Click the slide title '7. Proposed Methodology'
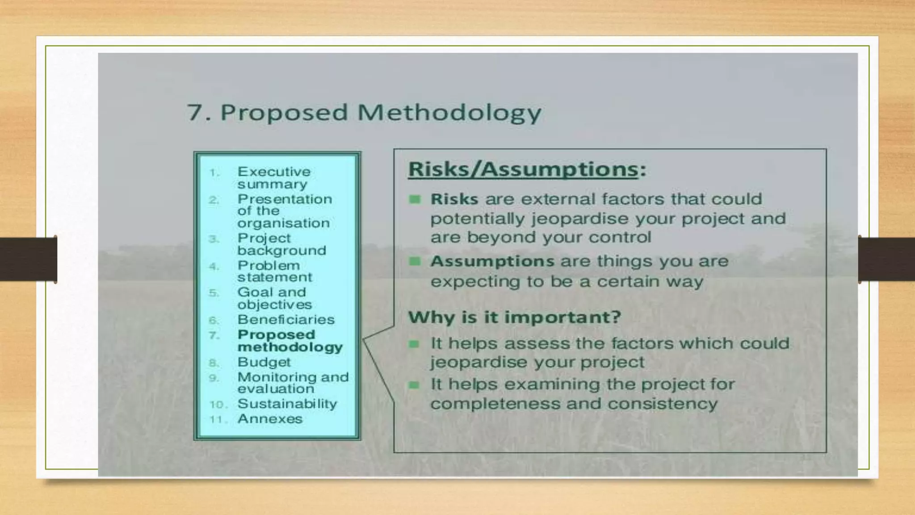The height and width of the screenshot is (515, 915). pos(364,112)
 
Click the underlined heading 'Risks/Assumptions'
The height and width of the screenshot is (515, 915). pos(523,169)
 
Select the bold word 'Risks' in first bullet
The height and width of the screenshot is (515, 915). pos(454,199)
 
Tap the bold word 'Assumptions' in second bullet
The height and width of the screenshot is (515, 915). pos(492,261)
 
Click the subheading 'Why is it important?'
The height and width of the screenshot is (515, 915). pos(514,317)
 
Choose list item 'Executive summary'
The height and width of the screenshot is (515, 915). pos(273,177)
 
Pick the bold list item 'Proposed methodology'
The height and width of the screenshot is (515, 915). pos(290,341)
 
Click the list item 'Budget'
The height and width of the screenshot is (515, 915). pos(264,362)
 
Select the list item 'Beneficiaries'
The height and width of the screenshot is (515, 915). pos(285,320)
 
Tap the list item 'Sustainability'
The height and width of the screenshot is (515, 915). pos(287,404)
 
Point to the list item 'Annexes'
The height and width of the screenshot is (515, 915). pos(270,419)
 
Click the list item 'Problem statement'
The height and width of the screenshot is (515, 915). pos(274,271)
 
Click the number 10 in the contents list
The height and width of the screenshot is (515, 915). pos(218,405)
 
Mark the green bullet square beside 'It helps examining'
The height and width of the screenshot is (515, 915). pos(414,384)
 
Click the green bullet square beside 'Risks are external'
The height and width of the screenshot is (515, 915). pos(415,199)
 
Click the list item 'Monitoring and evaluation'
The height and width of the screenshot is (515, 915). pos(293,383)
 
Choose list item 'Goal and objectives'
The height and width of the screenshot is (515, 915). pos(274,298)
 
